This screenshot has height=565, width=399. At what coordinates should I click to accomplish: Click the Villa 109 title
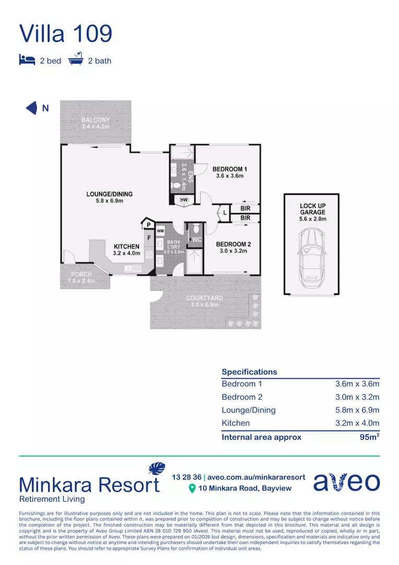[66, 33]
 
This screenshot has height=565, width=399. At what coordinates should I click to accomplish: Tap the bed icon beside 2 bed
[27, 60]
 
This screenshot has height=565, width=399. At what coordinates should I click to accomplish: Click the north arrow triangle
[32, 108]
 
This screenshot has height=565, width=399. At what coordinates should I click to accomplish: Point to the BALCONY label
[96, 120]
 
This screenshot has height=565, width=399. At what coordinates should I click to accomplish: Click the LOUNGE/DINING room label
[109, 194]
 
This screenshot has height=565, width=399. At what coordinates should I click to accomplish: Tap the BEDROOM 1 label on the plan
[230, 169]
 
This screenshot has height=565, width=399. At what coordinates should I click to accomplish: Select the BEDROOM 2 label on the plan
[233, 244]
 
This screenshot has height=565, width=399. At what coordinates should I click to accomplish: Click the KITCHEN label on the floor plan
[126, 246]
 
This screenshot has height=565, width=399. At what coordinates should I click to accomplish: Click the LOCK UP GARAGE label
[313, 209]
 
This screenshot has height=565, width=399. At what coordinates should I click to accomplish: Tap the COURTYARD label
[204, 298]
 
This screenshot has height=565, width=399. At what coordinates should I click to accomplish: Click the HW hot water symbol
[184, 200]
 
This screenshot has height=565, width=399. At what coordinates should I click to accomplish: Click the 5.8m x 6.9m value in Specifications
[357, 410]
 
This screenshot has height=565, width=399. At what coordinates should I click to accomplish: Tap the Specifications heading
[249, 372]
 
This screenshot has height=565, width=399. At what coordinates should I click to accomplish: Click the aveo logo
[347, 482]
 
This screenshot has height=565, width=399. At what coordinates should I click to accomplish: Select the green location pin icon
[192, 489]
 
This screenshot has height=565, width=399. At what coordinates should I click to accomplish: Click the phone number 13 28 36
[186, 477]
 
